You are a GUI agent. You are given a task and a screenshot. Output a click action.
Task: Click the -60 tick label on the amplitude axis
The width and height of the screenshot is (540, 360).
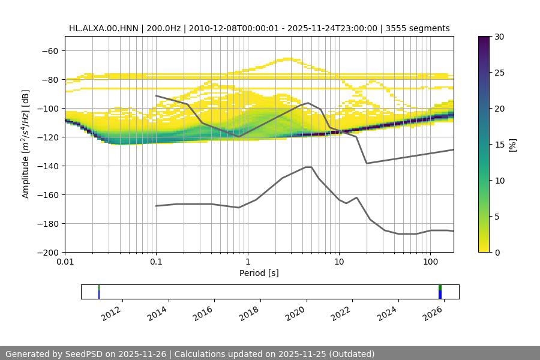pyautogui.click(x=50, y=51)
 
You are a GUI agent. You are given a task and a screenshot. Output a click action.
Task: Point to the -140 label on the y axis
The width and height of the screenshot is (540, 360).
pyautogui.click(x=48, y=166)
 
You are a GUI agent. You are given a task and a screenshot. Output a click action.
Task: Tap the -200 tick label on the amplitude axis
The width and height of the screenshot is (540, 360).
pyautogui.click(x=48, y=253)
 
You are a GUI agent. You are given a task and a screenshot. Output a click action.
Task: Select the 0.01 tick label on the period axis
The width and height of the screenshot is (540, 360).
pyautogui.click(x=65, y=262)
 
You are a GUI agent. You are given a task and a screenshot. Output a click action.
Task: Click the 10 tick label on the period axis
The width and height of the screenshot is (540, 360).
pyautogui.click(x=339, y=262)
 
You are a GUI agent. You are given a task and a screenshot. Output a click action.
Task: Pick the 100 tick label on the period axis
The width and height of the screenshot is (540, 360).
pyautogui.click(x=430, y=262)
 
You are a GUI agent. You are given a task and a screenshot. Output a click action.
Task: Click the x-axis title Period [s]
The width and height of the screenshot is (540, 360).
pyautogui.click(x=259, y=273)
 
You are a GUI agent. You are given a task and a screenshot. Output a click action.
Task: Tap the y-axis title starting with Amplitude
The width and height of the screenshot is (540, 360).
pyautogui.click(x=26, y=145)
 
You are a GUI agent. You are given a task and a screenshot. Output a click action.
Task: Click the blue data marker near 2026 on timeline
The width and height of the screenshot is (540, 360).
pyautogui.click(x=440, y=295)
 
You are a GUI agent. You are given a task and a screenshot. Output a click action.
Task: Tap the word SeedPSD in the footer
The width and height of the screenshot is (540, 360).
pyautogui.click(x=83, y=354)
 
